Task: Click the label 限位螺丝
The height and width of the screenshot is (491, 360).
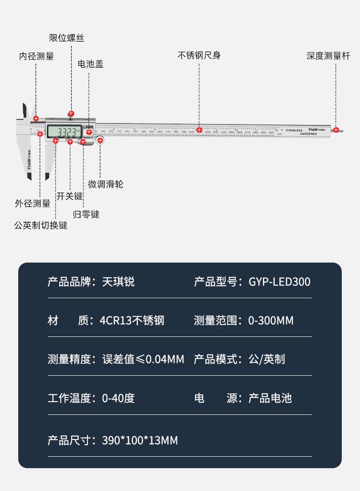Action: click(67, 38)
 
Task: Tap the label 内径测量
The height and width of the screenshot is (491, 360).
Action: click(36, 56)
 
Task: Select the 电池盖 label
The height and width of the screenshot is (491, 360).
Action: click(91, 64)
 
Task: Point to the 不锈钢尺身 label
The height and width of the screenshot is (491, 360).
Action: click(199, 56)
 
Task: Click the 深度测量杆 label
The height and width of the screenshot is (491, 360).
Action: click(329, 56)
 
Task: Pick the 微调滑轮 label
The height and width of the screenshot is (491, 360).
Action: click(106, 184)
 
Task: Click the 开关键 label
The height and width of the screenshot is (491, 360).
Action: click(70, 196)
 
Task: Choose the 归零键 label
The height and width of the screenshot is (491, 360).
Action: click(86, 214)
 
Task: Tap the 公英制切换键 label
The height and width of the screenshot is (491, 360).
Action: click(41, 225)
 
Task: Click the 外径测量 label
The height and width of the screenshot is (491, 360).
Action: click(32, 203)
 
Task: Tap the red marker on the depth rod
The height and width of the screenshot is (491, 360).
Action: click(336, 130)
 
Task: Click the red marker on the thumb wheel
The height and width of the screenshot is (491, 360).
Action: click(100, 140)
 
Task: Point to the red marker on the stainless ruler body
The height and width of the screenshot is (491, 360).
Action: click(199, 130)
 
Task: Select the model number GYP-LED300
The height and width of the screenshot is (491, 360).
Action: click(279, 282)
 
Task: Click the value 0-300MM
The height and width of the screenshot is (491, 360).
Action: click(271, 320)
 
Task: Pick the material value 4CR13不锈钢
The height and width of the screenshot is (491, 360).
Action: click(132, 320)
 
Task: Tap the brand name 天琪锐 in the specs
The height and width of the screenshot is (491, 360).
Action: click(118, 282)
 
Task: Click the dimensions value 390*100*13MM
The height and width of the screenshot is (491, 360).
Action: click(140, 440)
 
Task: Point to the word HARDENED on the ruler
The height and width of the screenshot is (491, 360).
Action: click(311, 134)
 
